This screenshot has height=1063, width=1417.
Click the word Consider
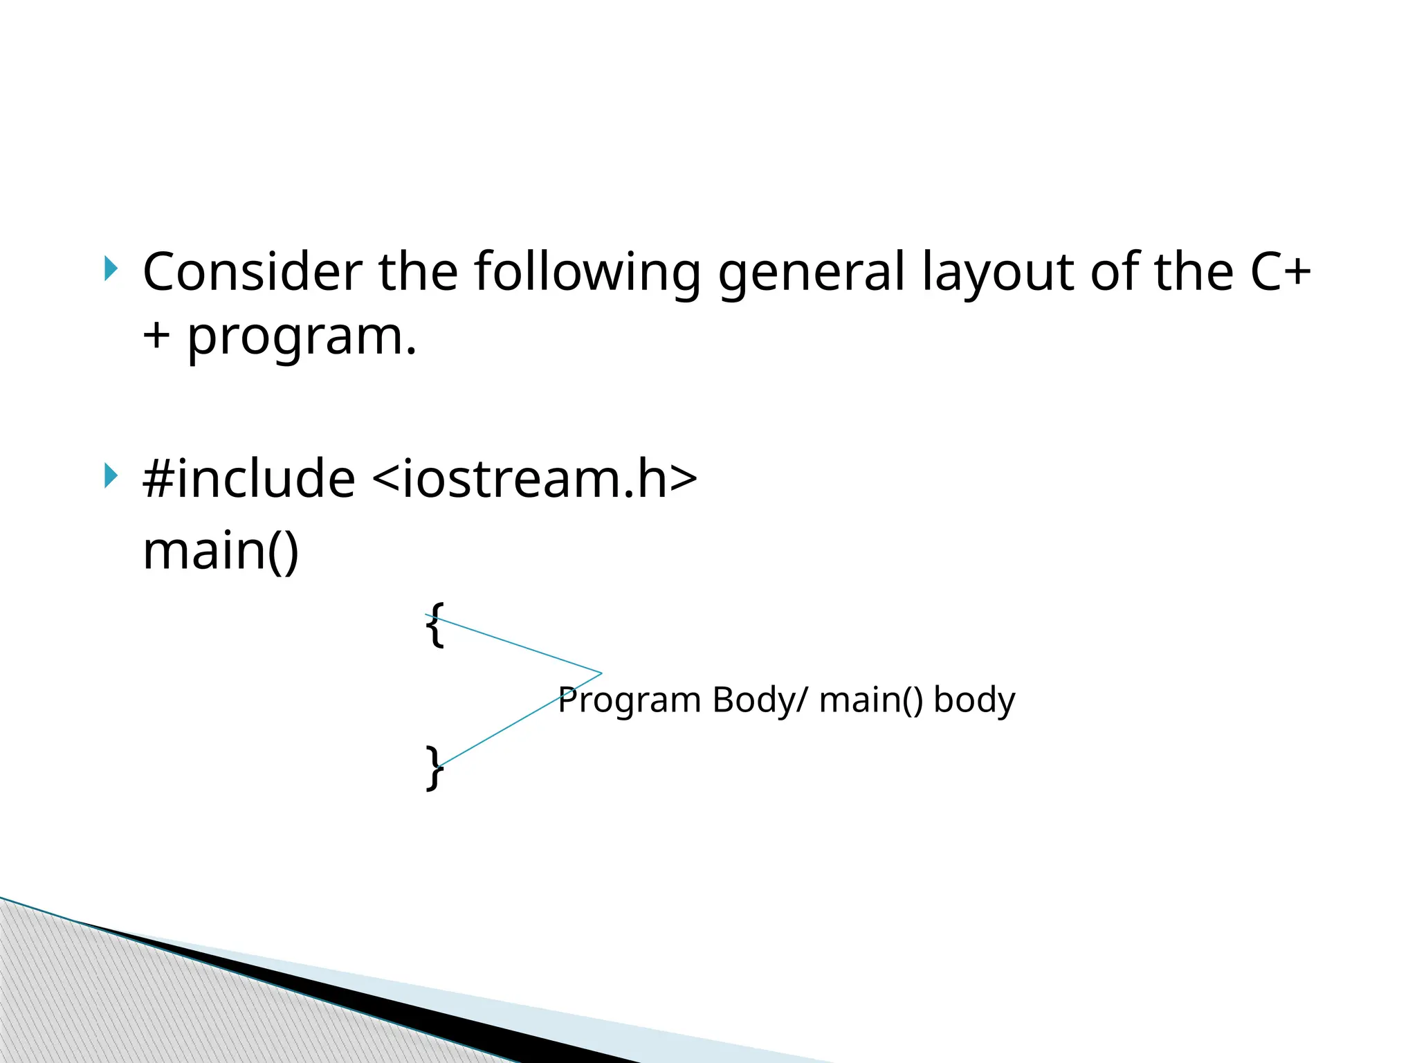pos(252,272)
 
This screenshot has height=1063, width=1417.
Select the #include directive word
pos(248,479)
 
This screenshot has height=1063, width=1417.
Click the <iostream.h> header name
pos(534,479)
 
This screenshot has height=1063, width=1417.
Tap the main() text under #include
pos(221,551)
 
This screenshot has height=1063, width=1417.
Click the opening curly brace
pos(435,624)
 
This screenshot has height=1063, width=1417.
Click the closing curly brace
pos(435,767)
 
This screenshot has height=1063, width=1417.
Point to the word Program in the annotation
pos(629,700)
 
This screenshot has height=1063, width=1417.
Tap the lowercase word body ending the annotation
pos(974,700)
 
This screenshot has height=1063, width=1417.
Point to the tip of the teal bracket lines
pos(601,673)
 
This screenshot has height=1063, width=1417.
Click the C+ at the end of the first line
pos(1280,272)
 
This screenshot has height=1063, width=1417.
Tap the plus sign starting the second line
pos(156,336)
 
